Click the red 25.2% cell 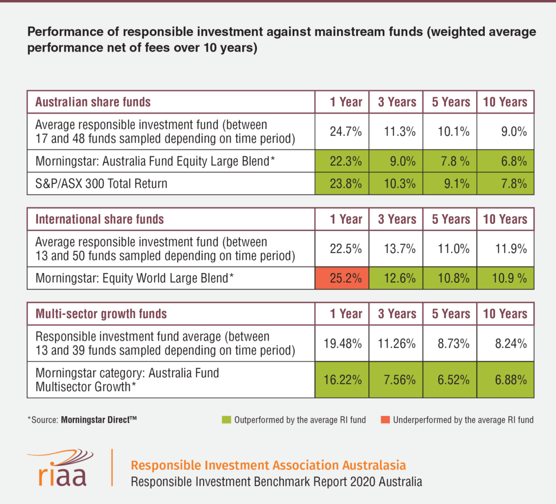(x=342, y=279)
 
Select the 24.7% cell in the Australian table (x=342, y=131)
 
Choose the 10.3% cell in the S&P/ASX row (x=396, y=184)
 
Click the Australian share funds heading (x=93, y=102)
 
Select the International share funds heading (x=99, y=219)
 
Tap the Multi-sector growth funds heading (x=101, y=314)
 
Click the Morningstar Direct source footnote (x=81, y=420)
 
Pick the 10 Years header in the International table (x=505, y=219)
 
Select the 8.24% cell (x=505, y=343)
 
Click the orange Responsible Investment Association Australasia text (x=268, y=465)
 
